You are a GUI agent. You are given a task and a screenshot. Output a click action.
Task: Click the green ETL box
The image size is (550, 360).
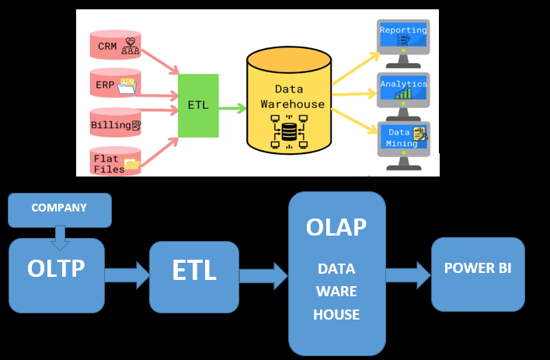(x=197, y=106)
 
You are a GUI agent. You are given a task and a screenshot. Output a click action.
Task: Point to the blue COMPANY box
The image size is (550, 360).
(x=59, y=209)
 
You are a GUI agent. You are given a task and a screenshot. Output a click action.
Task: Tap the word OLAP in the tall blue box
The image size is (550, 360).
(x=336, y=227)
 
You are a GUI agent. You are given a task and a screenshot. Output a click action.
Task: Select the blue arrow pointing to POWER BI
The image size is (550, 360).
(x=408, y=274)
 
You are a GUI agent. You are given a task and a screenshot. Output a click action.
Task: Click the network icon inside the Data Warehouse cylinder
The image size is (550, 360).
(x=288, y=131)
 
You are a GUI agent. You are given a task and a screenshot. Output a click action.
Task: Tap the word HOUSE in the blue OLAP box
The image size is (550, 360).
(x=336, y=315)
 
